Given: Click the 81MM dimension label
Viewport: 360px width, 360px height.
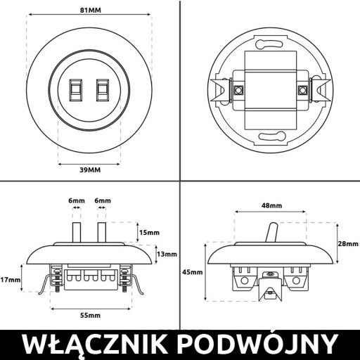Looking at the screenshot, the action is click(91, 11).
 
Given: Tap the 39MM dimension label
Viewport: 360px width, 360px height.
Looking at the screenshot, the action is click(90, 170).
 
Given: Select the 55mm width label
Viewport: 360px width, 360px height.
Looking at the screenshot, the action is click(90, 315).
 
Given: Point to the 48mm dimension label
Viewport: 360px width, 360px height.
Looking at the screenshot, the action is click(271, 205).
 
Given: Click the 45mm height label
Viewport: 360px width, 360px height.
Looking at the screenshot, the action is click(193, 272).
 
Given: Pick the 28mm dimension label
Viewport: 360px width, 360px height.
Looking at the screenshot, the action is click(348, 244).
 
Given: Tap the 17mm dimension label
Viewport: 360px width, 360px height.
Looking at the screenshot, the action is click(11, 279).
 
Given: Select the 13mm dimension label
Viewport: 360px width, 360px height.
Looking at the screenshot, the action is click(167, 254).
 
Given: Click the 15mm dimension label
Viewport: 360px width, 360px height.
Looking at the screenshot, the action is click(149, 233).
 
